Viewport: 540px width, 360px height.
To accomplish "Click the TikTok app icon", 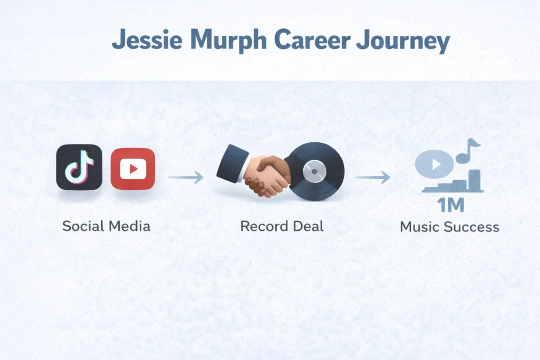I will click(79, 167).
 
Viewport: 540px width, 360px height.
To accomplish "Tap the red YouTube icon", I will click(133, 169).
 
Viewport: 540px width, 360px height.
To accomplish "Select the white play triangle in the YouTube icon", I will click(133, 169).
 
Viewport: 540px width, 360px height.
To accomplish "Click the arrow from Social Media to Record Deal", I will click(186, 178).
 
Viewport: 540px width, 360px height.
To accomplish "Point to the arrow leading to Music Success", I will click(372, 178).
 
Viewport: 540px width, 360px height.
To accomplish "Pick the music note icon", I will click(468, 150).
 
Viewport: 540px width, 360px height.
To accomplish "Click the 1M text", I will click(450, 205).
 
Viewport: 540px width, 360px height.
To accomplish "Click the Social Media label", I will click(106, 227).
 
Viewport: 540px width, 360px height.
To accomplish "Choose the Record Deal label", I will click(282, 227).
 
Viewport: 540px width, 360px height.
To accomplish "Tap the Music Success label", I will click(449, 227).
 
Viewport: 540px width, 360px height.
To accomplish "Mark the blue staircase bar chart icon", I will click(459, 183).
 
